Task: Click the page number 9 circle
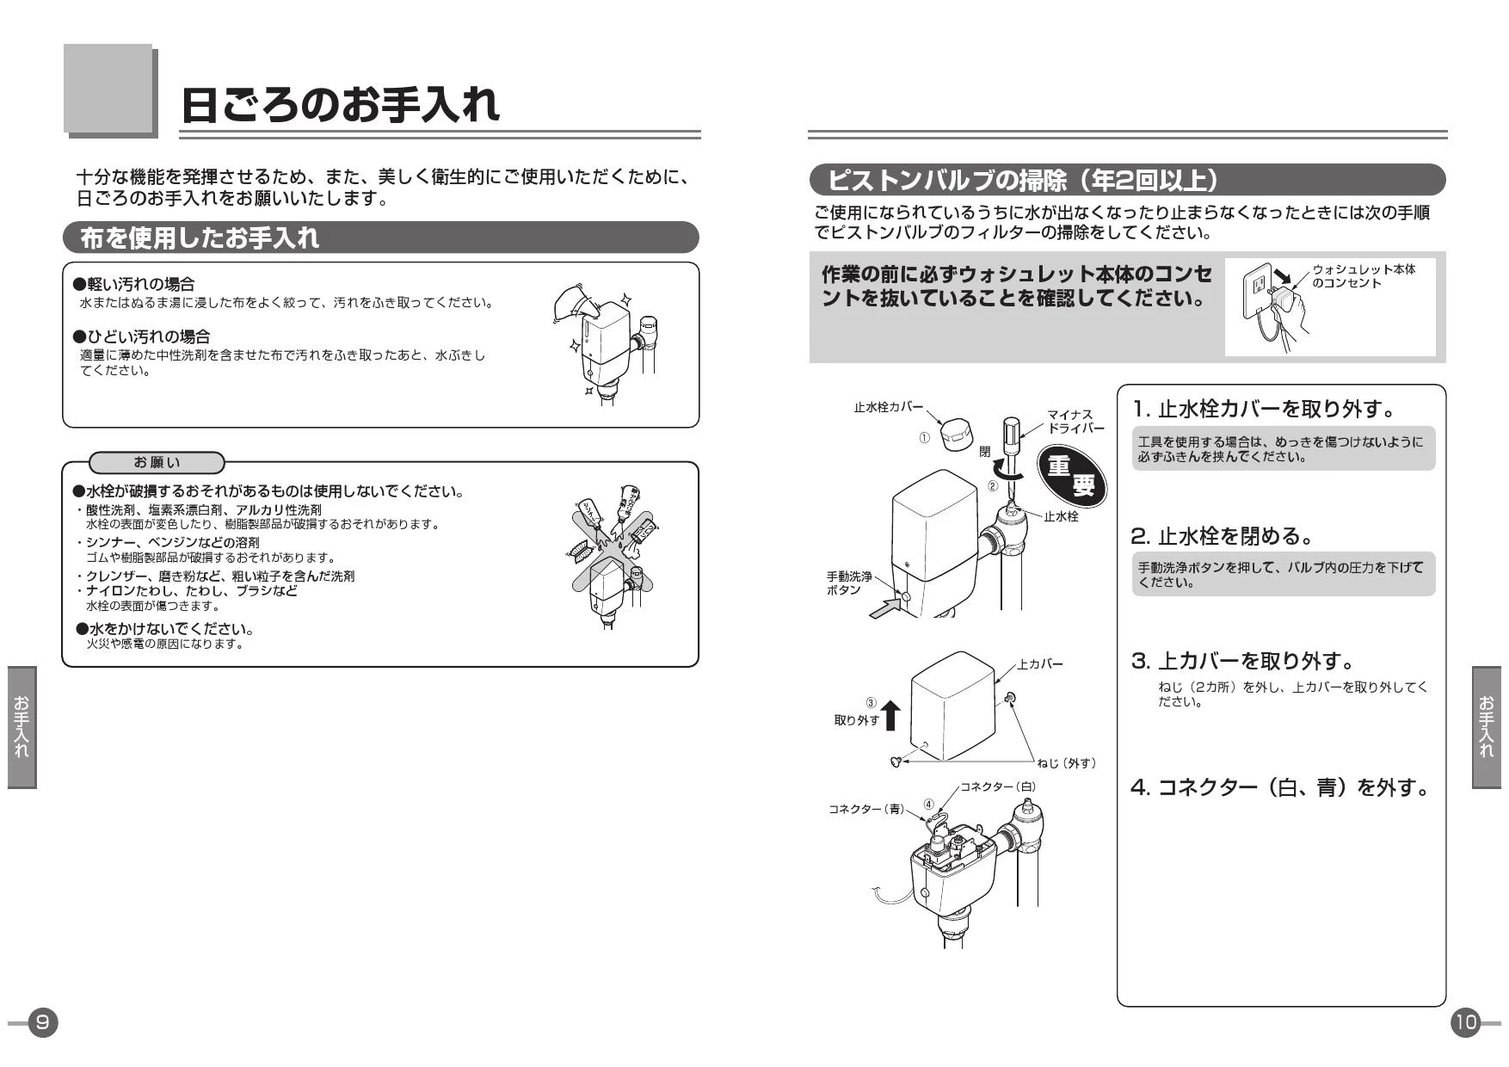43,1022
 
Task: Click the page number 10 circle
1465,1022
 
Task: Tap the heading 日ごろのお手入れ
340,105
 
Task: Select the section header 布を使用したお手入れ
200,238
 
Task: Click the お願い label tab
157,463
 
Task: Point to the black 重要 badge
1071,475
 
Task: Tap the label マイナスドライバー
1075,422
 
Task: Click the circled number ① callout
925,438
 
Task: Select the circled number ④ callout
929,805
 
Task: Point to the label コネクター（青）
866,810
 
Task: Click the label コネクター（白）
998,787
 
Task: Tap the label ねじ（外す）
1067,763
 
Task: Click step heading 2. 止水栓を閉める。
1223,536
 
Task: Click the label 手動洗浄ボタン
849,583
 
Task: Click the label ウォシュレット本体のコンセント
1364,276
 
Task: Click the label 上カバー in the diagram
1040,664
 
